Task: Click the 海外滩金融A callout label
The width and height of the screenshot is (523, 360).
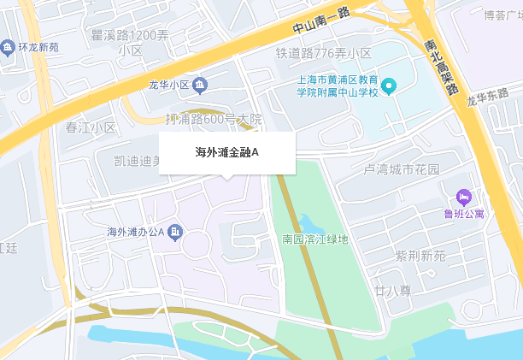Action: tap(226, 153)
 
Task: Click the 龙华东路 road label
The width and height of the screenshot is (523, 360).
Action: tap(487, 97)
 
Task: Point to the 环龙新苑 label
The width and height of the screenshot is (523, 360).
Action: tap(38, 45)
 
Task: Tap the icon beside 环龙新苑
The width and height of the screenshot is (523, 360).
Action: tap(8, 45)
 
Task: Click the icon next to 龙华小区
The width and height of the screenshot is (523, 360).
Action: tap(200, 85)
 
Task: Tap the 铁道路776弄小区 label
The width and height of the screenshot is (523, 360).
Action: tap(323, 53)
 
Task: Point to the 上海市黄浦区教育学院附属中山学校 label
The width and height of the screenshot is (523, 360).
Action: tap(336, 86)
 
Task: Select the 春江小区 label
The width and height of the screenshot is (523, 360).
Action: tap(91, 127)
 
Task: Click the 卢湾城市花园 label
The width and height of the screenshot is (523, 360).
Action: tap(402, 169)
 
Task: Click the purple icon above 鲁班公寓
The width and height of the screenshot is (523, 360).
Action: tap(464, 198)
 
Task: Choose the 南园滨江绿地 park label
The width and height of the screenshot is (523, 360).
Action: tap(315, 239)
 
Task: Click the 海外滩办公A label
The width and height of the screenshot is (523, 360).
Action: tap(135, 232)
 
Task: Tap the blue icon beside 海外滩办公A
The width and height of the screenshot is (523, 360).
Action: tap(175, 232)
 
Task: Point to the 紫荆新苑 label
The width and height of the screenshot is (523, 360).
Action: tap(420, 256)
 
